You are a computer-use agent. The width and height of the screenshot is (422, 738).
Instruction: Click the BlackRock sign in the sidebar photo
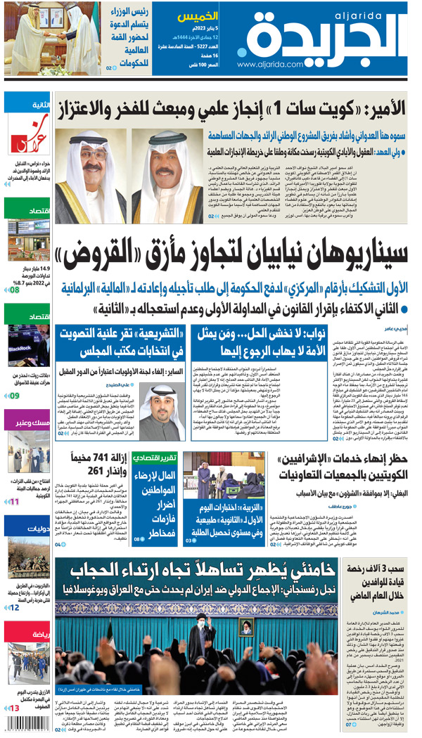(20, 348)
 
